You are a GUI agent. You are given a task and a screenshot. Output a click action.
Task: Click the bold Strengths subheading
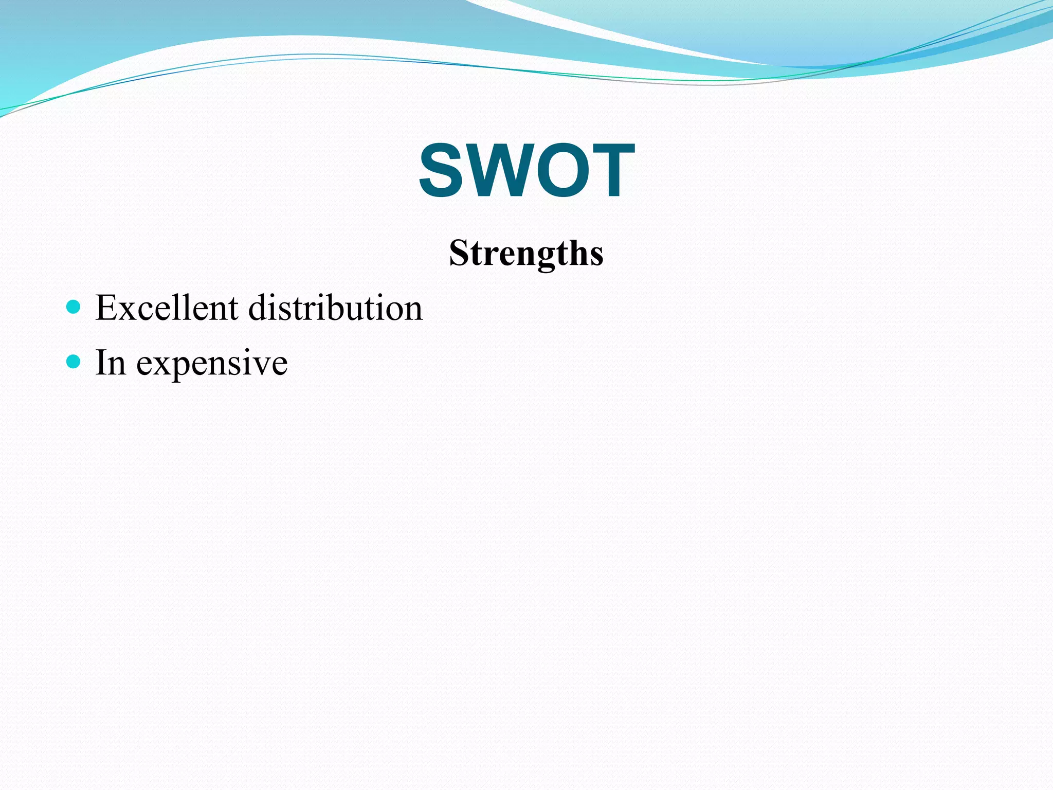click(526, 253)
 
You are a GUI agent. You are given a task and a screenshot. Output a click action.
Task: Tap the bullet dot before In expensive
click(74, 362)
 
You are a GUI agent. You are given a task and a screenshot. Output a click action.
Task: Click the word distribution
click(335, 308)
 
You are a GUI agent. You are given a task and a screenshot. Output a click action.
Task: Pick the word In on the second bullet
click(111, 363)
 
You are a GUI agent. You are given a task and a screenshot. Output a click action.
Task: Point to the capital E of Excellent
click(105, 308)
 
